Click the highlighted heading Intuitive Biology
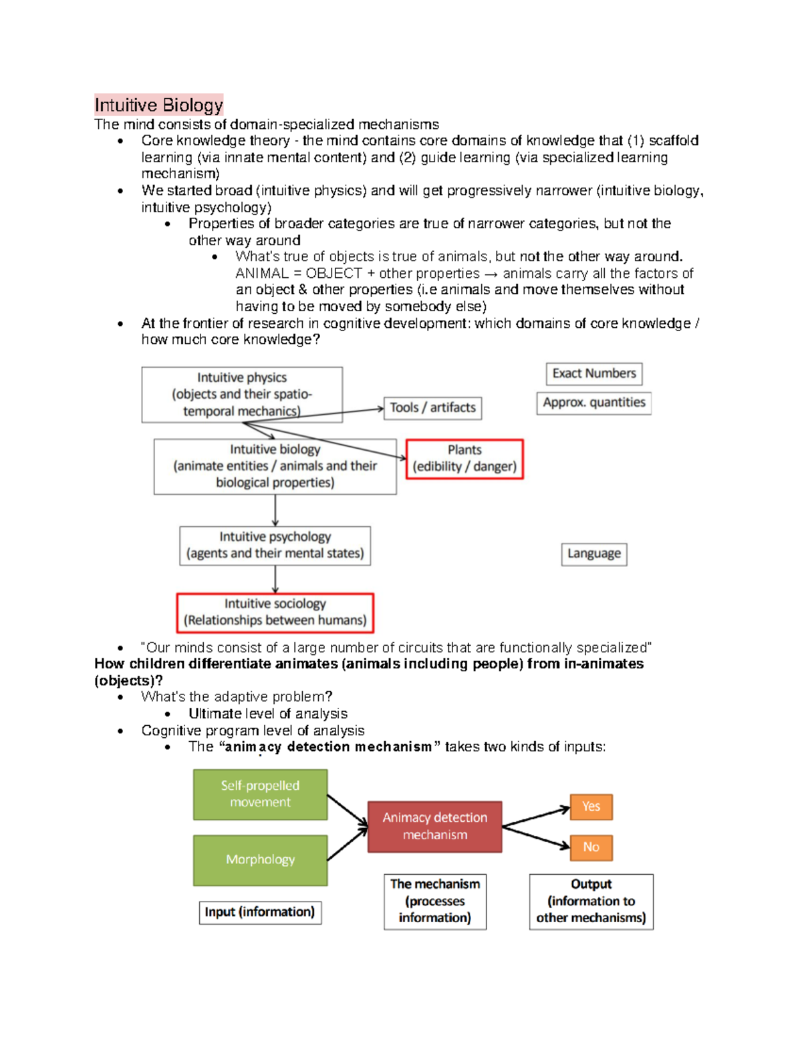[159, 105]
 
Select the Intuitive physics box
[241, 394]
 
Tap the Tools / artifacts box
[432, 407]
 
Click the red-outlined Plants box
[464, 459]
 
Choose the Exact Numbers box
[594, 373]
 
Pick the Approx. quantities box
[593, 403]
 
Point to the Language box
[593, 554]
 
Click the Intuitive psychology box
[275, 546]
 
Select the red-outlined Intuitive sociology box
[275, 612]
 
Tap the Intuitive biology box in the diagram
[275, 466]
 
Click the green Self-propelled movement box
[260, 794]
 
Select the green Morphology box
[260, 860]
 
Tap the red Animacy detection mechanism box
[434, 827]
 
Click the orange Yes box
[591, 807]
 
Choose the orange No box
[591, 847]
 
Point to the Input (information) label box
[260, 912]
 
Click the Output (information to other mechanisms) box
[591, 901]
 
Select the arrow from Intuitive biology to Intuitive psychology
[275, 510]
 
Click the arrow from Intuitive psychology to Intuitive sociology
[275, 579]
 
